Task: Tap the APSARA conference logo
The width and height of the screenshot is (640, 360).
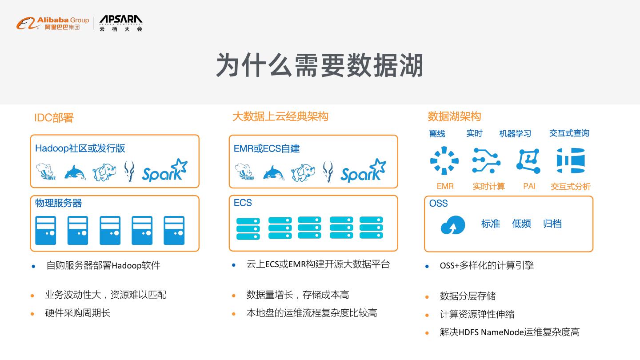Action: point(121,23)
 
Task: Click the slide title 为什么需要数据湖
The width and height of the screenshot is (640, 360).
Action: point(320,65)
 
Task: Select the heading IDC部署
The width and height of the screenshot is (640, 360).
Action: point(54,118)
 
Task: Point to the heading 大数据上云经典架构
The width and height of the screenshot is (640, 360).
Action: point(280,116)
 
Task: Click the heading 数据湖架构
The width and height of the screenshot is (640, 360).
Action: point(454,116)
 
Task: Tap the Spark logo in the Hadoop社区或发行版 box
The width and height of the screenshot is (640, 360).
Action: point(164,171)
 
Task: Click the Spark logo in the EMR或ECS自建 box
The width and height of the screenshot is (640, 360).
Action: point(363,171)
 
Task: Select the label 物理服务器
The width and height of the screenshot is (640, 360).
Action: point(59,203)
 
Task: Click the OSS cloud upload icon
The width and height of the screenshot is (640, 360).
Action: point(453,225)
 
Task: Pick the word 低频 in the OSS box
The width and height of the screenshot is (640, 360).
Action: point(521,224)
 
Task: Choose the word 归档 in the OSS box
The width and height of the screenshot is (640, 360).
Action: point(552,224)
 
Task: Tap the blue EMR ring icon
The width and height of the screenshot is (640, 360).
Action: point(444,161)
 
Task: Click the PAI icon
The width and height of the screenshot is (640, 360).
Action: point(528,161)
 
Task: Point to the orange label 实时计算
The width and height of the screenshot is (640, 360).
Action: point(488,187)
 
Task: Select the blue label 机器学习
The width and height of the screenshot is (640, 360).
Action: point(515,133)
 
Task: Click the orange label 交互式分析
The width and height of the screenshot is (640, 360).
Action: point(571,187)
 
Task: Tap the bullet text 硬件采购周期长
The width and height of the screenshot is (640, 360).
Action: point(78,313)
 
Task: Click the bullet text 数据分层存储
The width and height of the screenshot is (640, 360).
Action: point(468,296)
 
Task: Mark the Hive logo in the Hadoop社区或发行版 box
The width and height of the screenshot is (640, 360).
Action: point(45,172)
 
